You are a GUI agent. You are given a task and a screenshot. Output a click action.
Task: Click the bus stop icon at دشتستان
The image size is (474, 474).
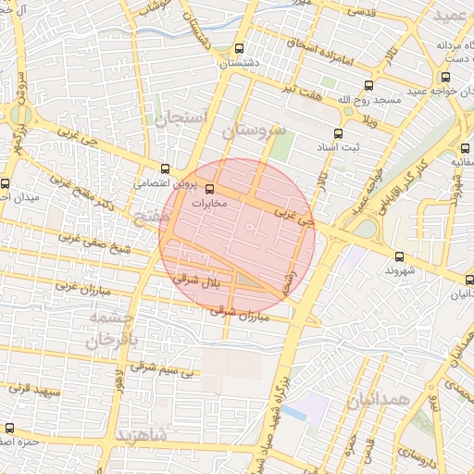tap(240, 49)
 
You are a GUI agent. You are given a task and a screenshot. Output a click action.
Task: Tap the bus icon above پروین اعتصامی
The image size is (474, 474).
tap(165, 169)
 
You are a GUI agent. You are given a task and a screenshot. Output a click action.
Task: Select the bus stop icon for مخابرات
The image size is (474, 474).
tap(195, 189)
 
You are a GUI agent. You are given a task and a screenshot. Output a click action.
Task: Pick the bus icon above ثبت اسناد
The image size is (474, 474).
tap(337, 133)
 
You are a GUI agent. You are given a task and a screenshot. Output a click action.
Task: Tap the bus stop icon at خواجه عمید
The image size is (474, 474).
tap(446, 78)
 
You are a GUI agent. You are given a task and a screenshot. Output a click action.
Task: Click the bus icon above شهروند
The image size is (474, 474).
tap(400, 256)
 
